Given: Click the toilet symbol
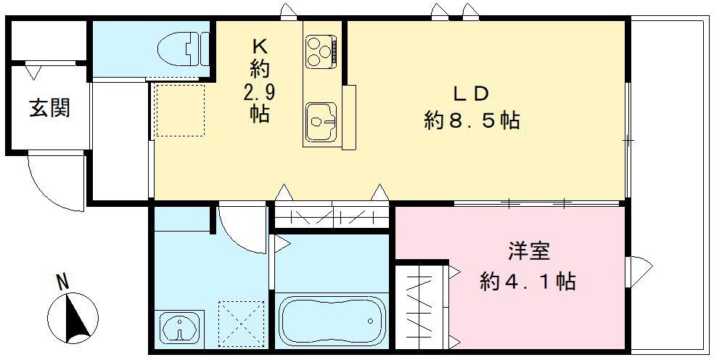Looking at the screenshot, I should tap(183, 49).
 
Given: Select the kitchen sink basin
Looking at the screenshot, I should tap(319, 122).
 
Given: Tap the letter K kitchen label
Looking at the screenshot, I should tap(260, 46).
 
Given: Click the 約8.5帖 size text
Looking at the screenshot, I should tap(472, 120).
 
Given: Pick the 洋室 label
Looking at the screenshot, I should tap(528, 253).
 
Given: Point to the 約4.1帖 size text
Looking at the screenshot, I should tap(528, 280).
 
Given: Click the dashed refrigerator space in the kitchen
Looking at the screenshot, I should tap(179, 110).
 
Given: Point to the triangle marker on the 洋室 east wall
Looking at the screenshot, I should tap(639, 269).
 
